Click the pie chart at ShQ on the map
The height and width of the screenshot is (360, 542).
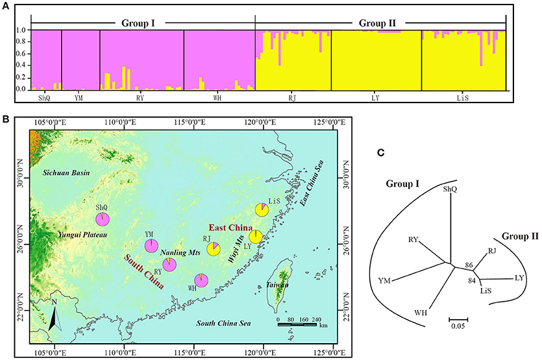103,219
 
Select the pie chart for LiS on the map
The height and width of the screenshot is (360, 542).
262,210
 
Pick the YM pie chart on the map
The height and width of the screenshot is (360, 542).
151,245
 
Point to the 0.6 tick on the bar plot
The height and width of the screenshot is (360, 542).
21,54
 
